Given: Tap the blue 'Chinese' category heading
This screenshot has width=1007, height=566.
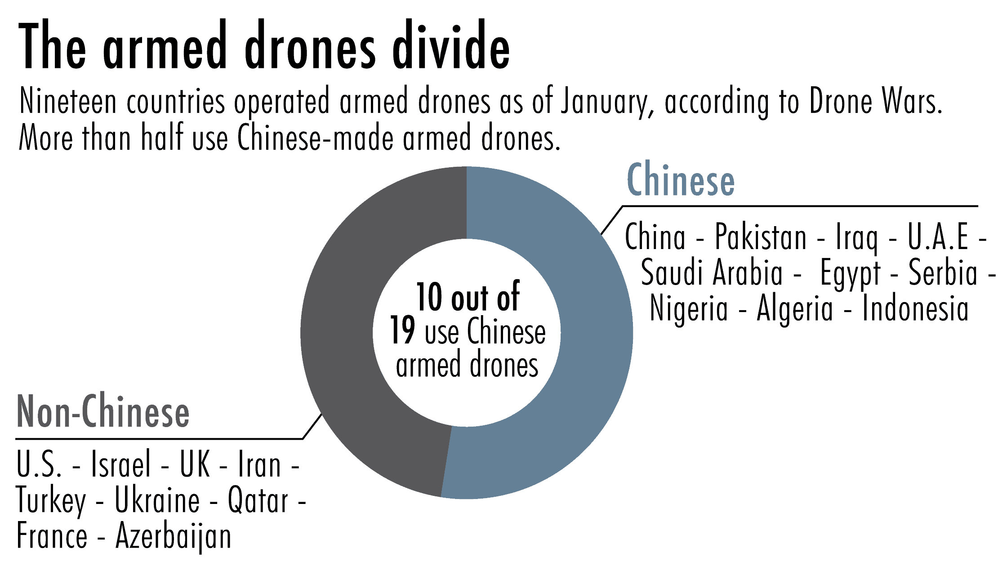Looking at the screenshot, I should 681,180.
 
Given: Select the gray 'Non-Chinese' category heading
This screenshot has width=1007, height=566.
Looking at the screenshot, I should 103,411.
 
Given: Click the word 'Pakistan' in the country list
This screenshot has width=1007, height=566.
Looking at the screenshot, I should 761,237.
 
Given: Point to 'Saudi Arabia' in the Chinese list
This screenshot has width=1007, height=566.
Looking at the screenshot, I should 712,273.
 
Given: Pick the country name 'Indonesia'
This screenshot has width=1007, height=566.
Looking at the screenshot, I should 915,309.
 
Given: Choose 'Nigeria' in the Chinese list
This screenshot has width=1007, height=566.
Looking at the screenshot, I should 689,309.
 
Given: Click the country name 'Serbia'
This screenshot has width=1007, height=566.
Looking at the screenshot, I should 943,273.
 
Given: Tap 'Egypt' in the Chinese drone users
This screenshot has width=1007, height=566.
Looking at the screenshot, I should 850,273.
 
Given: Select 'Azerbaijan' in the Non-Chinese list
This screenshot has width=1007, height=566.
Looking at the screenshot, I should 174,537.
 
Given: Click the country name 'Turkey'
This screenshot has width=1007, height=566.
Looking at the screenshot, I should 51,501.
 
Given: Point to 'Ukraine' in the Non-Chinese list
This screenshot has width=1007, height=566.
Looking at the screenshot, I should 157,501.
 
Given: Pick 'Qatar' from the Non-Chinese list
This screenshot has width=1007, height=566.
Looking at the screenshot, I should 258,501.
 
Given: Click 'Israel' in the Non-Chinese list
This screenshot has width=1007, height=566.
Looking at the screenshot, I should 120,465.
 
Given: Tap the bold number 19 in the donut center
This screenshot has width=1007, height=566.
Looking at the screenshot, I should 402,330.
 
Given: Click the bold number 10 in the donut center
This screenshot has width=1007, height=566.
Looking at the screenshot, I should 429,297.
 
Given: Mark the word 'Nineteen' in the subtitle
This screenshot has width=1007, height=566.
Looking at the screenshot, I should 68,102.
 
